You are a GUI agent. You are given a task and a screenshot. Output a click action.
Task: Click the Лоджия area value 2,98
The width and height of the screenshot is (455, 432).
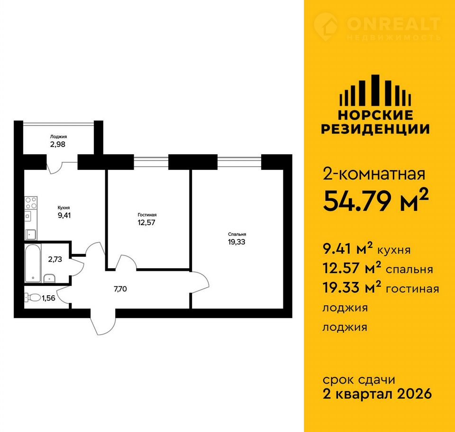[x=58, y=144]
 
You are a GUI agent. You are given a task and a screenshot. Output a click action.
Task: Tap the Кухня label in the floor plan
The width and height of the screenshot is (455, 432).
[x=64, y=208]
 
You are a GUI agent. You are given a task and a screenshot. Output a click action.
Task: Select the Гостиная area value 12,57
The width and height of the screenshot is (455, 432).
[x=146, y=223]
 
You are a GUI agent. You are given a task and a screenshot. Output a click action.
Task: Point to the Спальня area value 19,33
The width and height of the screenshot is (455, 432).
[x=237, y=242]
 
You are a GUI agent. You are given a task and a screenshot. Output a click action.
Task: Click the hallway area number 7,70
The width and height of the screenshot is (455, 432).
[x=120, y=289]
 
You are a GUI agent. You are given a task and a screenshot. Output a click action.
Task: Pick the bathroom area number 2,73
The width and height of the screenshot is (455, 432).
[x=55, y=259]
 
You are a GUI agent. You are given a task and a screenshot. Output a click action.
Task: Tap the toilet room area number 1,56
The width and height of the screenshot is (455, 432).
[x=48, y=298]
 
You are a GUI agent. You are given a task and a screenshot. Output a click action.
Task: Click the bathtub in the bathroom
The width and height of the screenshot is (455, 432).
[x=32, y=263]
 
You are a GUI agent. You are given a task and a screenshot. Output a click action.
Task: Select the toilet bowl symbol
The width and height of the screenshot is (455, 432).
[x=33, y=297]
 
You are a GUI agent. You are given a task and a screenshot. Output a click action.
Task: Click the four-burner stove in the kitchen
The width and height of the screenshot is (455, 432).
[x=31, y=203]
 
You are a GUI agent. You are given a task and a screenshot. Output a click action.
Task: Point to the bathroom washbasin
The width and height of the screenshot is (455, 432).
[x=49, y=278]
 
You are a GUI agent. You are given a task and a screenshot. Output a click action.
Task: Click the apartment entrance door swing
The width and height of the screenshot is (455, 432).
[x=103, y=322]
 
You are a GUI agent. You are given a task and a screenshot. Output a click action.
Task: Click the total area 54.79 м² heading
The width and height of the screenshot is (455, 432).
[x=375, y=201]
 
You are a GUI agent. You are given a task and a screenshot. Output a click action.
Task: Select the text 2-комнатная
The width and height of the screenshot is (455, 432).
[x=374, y=174]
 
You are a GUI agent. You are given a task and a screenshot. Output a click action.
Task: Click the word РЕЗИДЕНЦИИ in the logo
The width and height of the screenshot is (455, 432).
[x=375, y=129]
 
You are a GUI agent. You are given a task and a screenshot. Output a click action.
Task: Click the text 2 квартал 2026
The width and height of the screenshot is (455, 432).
[x=377, y=394]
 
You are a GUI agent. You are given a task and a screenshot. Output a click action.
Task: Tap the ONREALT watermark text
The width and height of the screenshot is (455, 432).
[x=393, y=24]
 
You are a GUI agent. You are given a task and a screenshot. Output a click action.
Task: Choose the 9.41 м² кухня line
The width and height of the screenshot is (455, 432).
[x=366, y=249]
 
